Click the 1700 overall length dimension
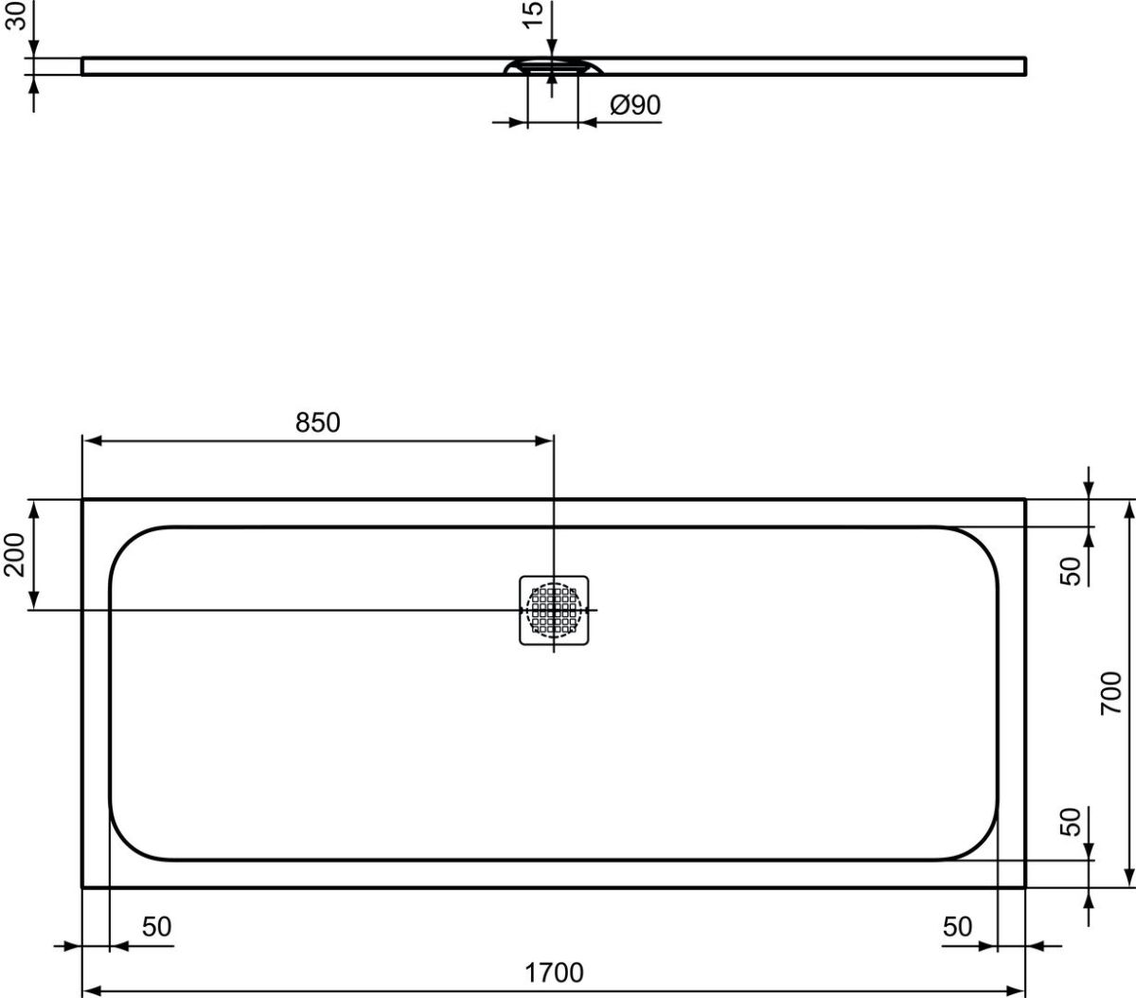pyautogui.click(x=554, y=972)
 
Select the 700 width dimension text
pyautogui.click(x=1110, y=693)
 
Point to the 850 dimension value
pyautogui.click(x=317, y=423)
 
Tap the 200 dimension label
pyautogui.click(x=14, y=555)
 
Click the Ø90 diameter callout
pyautogui.click(x=634, y=105)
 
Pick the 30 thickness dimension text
pyautogui.click(x=15, y=15)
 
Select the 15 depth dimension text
pyautogui.click(x=533, y=14)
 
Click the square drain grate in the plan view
pyautogui.click(x=554, y=611)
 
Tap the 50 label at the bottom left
pyautogui.click(x=156, y=927)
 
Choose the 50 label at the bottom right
pyautogui.click(x=957, y=927)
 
